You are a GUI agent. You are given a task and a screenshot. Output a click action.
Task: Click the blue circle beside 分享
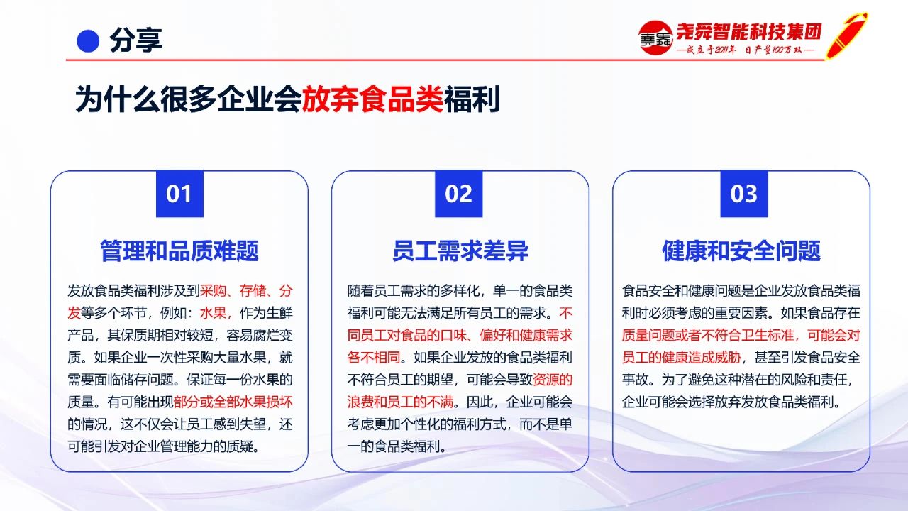tap(88, 41)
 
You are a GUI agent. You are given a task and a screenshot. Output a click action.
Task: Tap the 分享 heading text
tap(135, 40)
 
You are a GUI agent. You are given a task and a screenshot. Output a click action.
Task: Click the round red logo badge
tap(655, 38)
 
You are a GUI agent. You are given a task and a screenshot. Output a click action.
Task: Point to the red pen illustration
tap(846, 35)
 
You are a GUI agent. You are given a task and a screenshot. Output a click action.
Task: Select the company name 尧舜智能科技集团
tap(749, 31)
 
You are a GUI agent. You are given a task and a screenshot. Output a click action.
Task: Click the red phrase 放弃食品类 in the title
tap(372, 99)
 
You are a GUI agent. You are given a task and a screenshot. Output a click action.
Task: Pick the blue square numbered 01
tap(179, 194)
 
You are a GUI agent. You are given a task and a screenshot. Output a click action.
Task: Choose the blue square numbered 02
tap(458, 194)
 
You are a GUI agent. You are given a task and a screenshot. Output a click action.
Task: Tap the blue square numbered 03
tap(744, 194)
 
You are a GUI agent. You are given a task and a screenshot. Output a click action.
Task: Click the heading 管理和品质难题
tap(179, 251)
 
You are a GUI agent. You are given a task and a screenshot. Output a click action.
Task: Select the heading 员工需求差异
tap(460, 251)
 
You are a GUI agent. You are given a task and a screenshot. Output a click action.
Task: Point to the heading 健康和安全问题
tap(741, 251)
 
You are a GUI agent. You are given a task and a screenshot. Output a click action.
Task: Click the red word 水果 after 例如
tap(213, 313)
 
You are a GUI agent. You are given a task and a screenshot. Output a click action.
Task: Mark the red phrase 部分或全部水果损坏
tap(233, 402)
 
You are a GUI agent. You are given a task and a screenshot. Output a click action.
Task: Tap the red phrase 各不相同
tap(373, 357)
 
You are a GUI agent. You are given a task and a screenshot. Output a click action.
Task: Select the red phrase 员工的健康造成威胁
tap(682, 357)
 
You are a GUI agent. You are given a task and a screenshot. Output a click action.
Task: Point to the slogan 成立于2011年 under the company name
tap(711, 50)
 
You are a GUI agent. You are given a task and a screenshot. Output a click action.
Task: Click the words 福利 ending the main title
tap(472, 99)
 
